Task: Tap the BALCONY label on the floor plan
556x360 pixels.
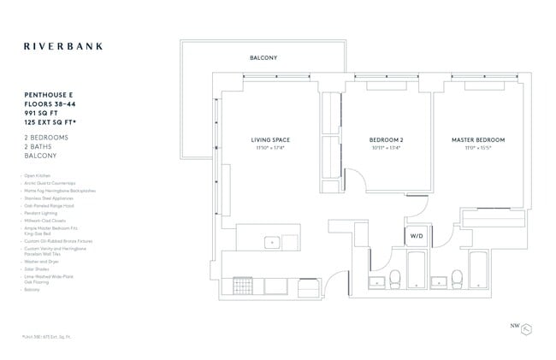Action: [263, 58]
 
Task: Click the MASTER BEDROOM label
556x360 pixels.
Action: [478, 139]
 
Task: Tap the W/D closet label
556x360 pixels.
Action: [417, 234]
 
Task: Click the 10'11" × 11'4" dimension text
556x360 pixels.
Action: [385, 148]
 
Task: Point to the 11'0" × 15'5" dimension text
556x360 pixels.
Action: [478, 148]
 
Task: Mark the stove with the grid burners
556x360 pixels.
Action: [237, 285]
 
